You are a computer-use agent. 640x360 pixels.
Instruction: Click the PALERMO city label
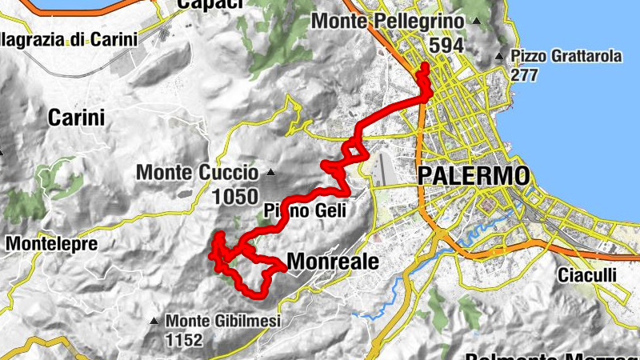(473, 175)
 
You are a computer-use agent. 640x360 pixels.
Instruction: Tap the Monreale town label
(332, 261)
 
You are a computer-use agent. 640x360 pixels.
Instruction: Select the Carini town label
(77, 118)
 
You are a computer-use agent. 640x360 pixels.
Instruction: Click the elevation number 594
(446, 45)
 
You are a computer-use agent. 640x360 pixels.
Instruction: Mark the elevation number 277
(525, 75)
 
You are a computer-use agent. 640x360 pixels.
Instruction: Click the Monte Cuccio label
(197, 172)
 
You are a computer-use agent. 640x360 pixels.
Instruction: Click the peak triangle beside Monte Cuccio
(271, 172)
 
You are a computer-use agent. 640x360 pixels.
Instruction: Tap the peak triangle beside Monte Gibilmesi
(154, 322)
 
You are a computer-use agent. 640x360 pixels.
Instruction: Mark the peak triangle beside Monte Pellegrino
(477, 22)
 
